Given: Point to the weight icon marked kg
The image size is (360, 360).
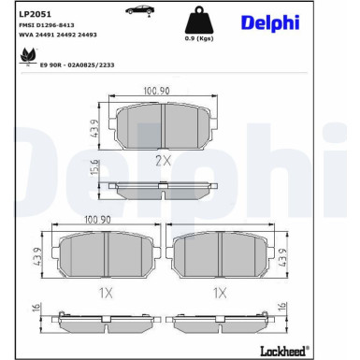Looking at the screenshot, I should coord(197,22).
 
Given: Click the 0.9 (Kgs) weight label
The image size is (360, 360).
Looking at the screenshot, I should coord(197,40).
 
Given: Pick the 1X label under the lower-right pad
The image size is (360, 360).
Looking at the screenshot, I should coord(220,292).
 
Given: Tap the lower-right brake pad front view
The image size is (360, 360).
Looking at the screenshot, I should coord(220,252).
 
